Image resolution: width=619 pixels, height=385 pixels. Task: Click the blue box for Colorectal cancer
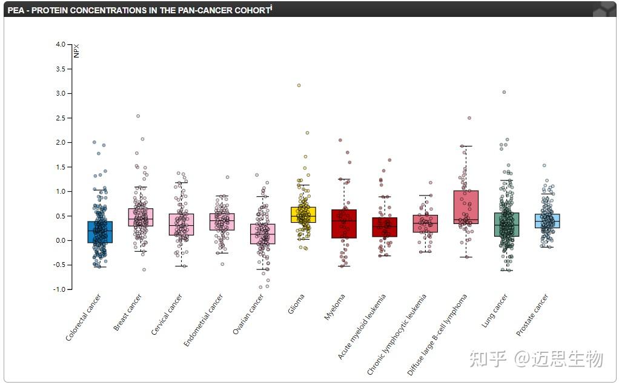pyautogui.click(x=100, y=232)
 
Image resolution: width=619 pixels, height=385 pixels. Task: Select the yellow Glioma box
pyautogui.click(x=303, y=215)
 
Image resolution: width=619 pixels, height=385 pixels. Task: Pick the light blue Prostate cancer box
pyautogui.click(x=547, y=221)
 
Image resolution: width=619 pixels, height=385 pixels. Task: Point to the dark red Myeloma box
pyautogui.click(x=343, y=223)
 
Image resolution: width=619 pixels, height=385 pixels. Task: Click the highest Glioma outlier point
pyautogui.click(x=299, y=85)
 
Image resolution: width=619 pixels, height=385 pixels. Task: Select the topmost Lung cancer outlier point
pyautogui.click(x=504, y=92)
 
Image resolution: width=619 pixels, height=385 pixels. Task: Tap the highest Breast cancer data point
pyautogui.click(x=138, y=116)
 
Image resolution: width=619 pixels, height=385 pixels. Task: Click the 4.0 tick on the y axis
pyautogui.click(x=60, y=44)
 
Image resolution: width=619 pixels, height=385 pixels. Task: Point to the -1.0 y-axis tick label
pyautogui.click(x=59, y=289)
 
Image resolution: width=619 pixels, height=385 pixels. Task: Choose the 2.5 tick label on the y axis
pyautogui.click(x=60, y=118)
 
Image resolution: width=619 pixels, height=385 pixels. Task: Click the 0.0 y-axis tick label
pyautogui.click(x=60, y=240)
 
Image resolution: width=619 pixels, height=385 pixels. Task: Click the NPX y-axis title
pyautogui.click(x=76, y=51)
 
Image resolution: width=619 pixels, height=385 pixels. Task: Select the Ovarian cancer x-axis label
pyautogui.click(x=249, y=314)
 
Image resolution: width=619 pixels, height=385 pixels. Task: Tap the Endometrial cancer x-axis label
pyautogui.click(x=204, y=320)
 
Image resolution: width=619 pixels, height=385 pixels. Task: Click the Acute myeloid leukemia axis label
pyautogui.click(x=362, y=326)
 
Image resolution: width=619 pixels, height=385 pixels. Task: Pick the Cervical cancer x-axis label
pyautogui.click(x=167, y=315)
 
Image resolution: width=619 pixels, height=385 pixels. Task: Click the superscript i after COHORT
pyautogui.click(x=271, y=7)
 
